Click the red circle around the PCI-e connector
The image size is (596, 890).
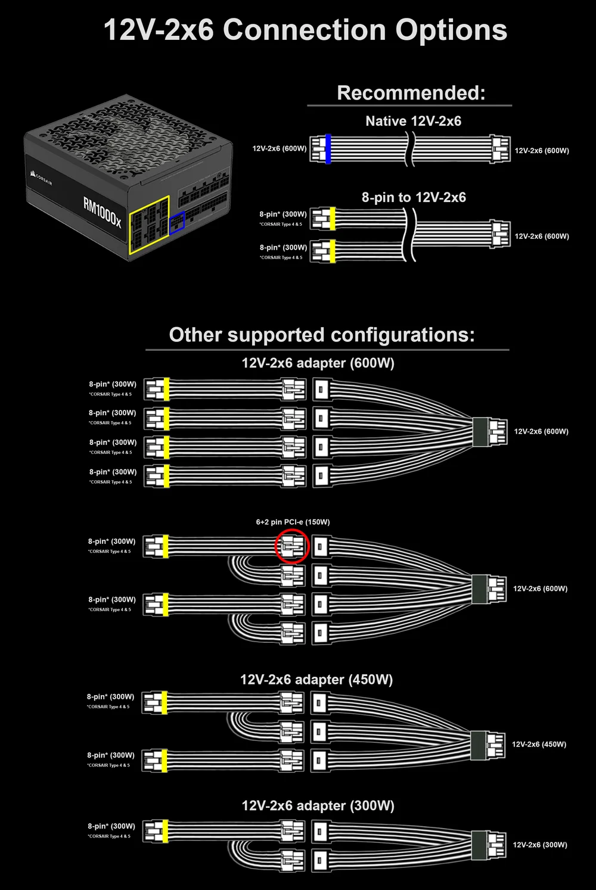292,546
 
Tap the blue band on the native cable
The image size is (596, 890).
328,149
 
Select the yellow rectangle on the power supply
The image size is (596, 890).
149,225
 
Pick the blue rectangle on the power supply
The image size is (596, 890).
177,222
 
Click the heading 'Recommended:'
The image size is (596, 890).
411,93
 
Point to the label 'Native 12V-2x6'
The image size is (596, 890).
413,122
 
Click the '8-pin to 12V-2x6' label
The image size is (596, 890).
414,198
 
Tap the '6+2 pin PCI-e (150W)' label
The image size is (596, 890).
293,522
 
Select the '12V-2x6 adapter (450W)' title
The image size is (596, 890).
316,680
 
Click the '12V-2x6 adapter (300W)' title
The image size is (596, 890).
318,806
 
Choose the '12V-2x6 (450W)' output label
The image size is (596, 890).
539,744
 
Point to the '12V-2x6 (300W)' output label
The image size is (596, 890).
539,845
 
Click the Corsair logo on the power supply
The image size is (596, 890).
41,177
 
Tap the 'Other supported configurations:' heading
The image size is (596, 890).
322,335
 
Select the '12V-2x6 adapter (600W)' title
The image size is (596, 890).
318,363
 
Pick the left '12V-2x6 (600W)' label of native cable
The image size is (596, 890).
279,148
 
